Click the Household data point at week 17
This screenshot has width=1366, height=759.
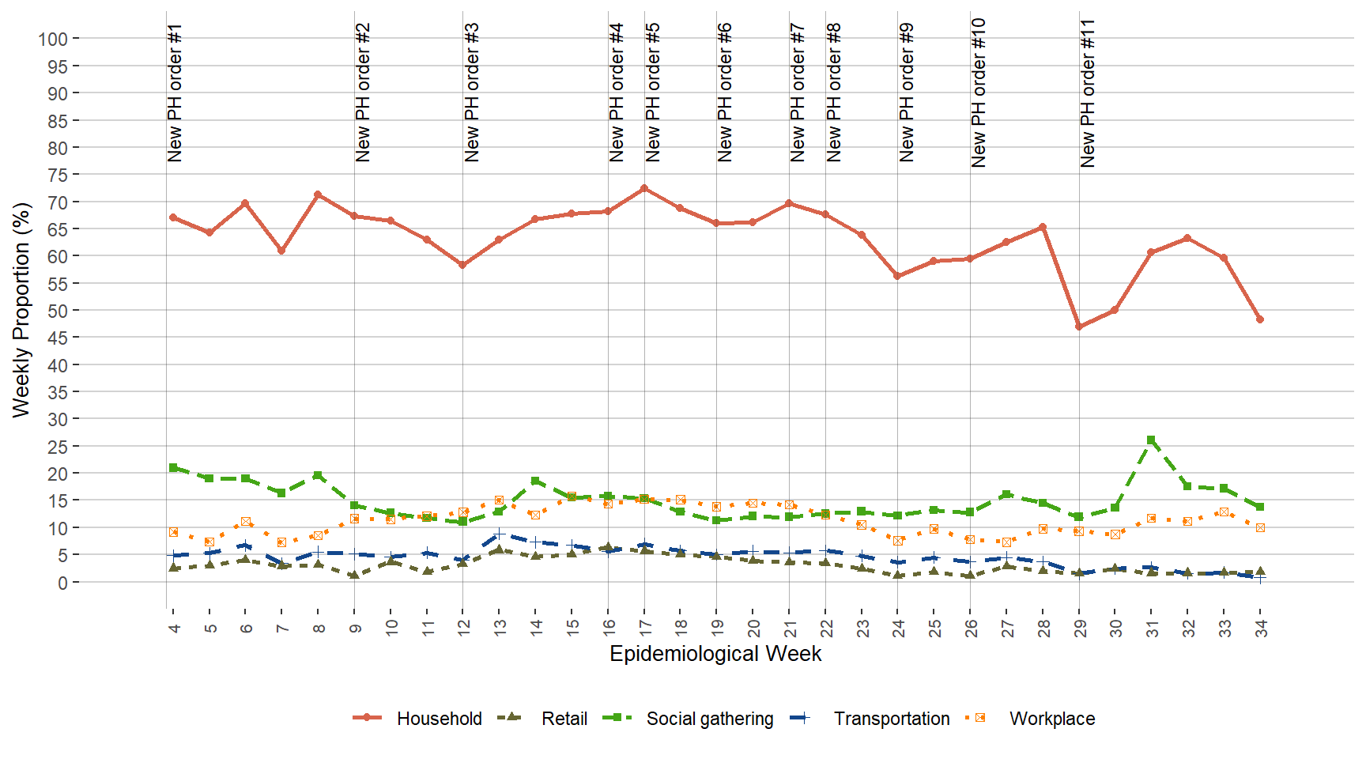click(644, 188)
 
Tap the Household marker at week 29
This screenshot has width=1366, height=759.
click(1079, 327)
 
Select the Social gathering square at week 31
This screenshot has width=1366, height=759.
click(1151, 440)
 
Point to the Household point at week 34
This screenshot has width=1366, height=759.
click(1260, 319)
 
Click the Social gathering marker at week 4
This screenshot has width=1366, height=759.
click(173, 467)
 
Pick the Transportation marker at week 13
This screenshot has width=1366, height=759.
click(499, 534)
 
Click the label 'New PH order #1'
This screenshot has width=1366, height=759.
click(175, 93)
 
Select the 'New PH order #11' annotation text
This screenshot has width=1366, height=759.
click(1088, 93)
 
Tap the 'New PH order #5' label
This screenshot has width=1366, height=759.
click(653, 93)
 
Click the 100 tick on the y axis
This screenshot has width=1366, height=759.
click(53, 39)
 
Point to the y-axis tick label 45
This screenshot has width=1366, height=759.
click(58, 338)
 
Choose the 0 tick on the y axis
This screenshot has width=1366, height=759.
click(63, 583)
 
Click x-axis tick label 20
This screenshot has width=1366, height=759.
click(753, 629)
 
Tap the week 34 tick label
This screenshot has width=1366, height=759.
click(1261, 629)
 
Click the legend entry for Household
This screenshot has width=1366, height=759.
click(439, 719)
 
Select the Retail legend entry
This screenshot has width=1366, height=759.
click(564, 719)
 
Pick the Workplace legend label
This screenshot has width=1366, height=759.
click(1051, 719)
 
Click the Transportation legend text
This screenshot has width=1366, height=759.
click(891, 719)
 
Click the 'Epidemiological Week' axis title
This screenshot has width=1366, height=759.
click(715, 654)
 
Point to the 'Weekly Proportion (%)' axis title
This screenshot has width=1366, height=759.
click(21, 310)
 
